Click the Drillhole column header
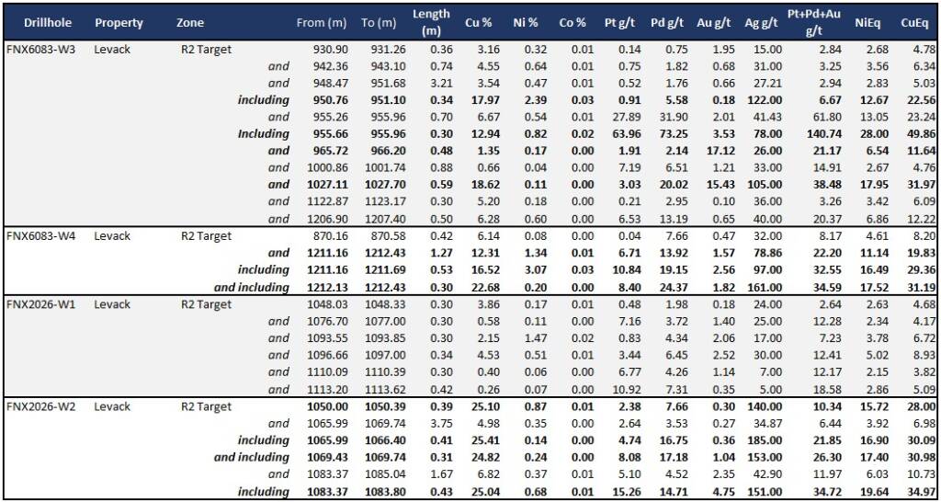click(39, 22)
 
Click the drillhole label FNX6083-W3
click(41, 49)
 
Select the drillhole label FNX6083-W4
click(41, 236)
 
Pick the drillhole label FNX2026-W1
click(41, 304)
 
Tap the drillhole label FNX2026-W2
click(41, 406)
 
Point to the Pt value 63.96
click(624, 134)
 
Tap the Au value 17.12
click(714, 151)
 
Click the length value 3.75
click(437, 423)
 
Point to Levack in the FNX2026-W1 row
click(112, 304)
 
